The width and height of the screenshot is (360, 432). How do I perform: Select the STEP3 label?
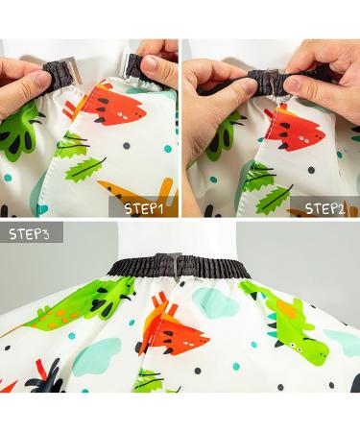32,233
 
